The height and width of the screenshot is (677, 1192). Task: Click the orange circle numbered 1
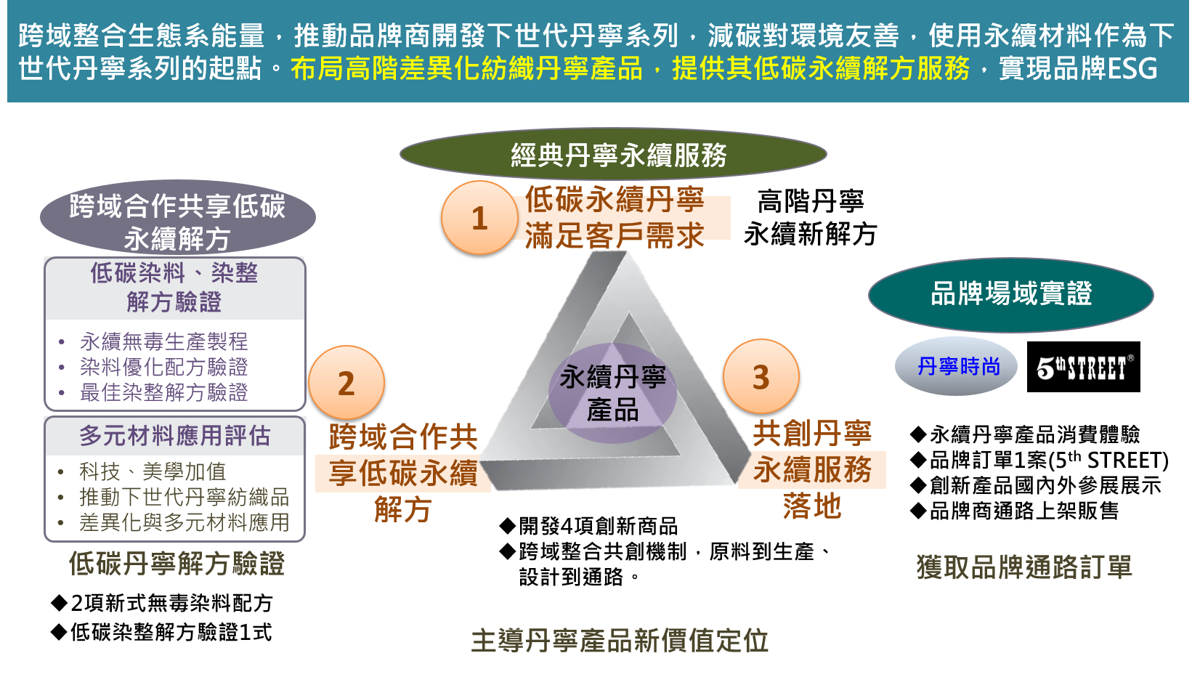pyautogui.click(x=479, y=218)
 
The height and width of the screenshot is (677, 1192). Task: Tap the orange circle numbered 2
pyautogui.click(x=346, y=383)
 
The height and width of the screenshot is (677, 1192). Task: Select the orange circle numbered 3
pyautogui.click(x=761, y=377)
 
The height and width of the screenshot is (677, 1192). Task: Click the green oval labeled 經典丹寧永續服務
pyautogui.click(x=613, y=155)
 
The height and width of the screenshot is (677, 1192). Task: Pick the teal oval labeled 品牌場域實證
pyautogui.click(x=1010, y=294)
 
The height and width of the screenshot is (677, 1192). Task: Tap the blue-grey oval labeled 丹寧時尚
pyautogui.click(x=957, y=366)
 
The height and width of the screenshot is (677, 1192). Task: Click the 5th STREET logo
pyautogui.click(x=1084, y=368)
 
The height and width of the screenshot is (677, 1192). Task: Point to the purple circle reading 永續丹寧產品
pyautogui.click(x=612, y=393)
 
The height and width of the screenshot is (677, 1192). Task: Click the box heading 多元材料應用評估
pyautogui.click(x=174, y=436)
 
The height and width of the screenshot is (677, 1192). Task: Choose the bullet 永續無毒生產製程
pyautogui.click(x=163, y=341)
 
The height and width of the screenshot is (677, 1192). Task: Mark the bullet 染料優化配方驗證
pyautogui.click(x=163, y=367)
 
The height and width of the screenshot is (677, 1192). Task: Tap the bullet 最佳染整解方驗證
pyautogui.click(x=163, y=392)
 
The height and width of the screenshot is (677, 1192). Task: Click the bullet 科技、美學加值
pyautogui.click(x=153, y=472)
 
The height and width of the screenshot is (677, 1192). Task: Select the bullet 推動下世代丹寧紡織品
pyautogui.click(x=184, y=498)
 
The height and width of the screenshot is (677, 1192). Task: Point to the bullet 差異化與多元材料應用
pyautogui.click(x=184, y=522)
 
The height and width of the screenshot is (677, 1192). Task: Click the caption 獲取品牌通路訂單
pyautogui.click(x=1024, y=567)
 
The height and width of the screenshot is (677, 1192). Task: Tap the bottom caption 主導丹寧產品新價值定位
pyautogui.click(x=620, y=641)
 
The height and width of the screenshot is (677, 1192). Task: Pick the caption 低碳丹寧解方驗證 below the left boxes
pyautogui.click(x=177, y=564)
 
